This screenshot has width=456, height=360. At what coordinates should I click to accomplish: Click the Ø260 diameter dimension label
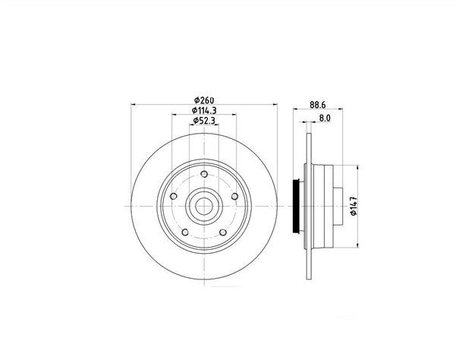pos(204,100)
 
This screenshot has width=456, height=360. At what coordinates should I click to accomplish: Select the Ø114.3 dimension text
pos(204,111)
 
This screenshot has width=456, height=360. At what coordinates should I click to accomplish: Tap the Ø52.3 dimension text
pos(204,121)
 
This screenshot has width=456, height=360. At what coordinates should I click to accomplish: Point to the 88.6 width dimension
pos(318,105)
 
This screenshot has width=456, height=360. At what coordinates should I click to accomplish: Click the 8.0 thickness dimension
pos(325,118)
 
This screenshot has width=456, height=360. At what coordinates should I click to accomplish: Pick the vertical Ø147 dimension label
pos(354,206)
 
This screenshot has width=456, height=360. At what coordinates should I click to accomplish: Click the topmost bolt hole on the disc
pos(204,175)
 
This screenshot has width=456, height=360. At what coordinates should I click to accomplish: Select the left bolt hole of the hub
pos(174,196)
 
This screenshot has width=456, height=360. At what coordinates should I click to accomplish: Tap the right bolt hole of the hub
pos(234,197)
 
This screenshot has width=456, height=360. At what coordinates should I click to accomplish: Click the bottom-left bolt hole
pos(185,232)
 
